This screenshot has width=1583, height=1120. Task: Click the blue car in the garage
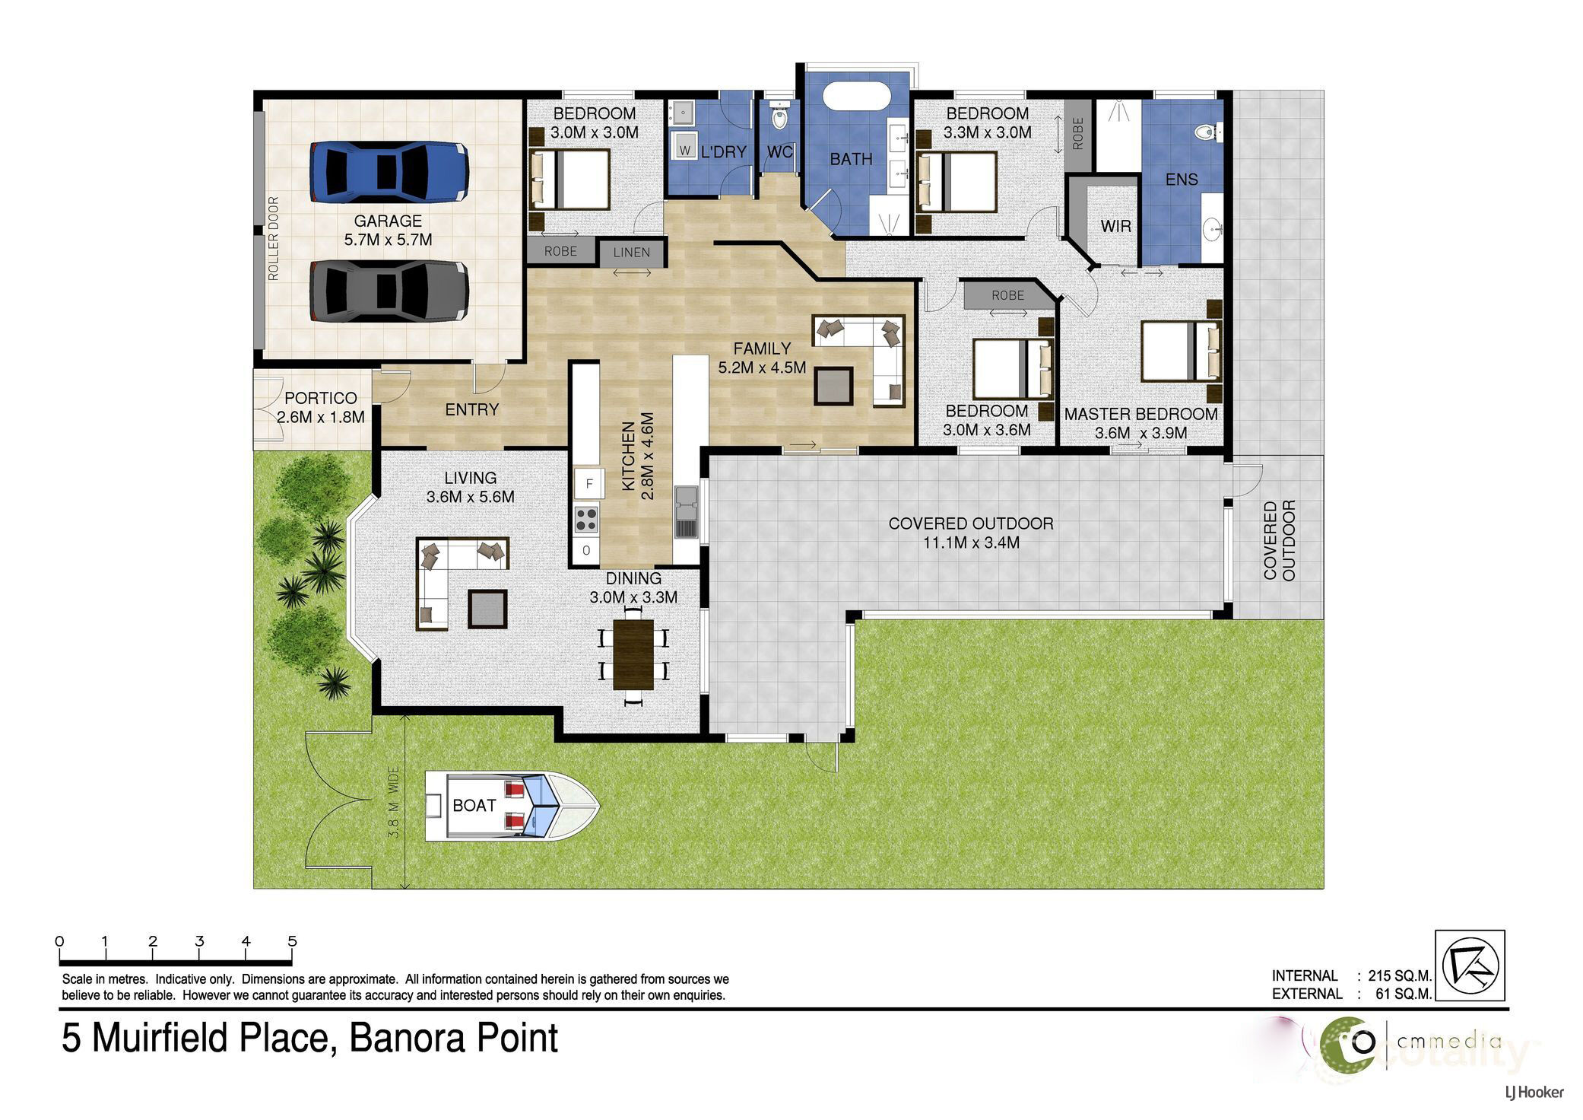pyautogui.click(x=389, y=171)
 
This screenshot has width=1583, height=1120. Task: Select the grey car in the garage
pyautogui.click(x=389, y=291)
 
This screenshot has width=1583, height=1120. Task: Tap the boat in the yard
pyautogui.click(x=512, y=806)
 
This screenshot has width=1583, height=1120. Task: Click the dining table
pyautogui.click(x=634, y=654)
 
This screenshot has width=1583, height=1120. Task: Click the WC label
pyautogui.click(x=780, y=151)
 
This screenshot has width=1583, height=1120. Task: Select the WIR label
pyautogui.click(x=1115, y=226)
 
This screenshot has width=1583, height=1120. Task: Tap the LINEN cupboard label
pyautogui.click(x=631, y=253)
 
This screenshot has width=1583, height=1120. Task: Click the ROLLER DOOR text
pyautogui.click(x=274, y=239)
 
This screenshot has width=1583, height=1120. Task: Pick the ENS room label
pyautogui.click(x=1182, y=180)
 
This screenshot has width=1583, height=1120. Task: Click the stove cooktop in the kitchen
pyautogui.click(x=586, y=520)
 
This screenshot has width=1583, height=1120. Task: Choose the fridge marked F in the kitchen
pyautogui.click(x=588, y=483)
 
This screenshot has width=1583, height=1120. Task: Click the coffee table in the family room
pyautogui.click(x=833, y=385)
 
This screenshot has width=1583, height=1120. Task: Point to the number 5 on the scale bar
pyautogui.click(x=292, y=942)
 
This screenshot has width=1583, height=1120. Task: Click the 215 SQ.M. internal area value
pyautogui.click(x=1400, y=975)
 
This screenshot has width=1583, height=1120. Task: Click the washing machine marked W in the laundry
pyautogui.click(x=684, y=151)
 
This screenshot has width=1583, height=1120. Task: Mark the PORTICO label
pyautogui.click(x=321, y=398)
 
